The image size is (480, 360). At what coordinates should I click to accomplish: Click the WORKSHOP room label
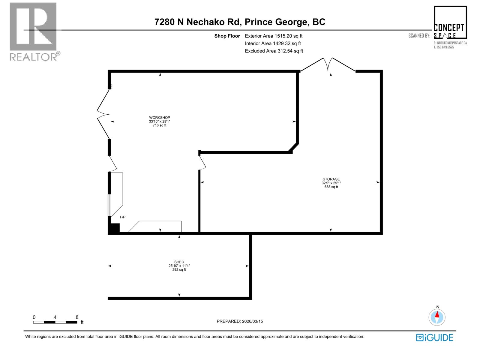(x=160, y=118)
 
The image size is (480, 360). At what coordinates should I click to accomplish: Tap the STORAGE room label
(x=331, y=179)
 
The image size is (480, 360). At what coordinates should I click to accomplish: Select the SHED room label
(x=179, y=262)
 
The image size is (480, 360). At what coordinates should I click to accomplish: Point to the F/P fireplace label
(x=122, y=217)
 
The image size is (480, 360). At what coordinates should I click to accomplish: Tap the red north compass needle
(x=437, y=315)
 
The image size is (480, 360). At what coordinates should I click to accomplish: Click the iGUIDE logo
(x=434, y=337)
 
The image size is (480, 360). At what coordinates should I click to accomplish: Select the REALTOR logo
(x=34, y=31)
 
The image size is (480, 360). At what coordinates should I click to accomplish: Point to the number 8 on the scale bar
(x=77, y=317)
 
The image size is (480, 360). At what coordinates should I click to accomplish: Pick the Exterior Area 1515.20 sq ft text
(x=274, y=36)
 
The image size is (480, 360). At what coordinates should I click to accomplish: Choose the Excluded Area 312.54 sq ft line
(x=274, y=51)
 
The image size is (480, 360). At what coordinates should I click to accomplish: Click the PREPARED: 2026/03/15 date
(x=240, y=321)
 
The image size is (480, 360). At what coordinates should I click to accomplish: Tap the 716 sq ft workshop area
(x=160, y=125)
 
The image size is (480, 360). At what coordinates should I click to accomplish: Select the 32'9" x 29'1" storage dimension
(x=331, y=183)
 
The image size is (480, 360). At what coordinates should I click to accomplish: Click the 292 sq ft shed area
(x=179, y=270)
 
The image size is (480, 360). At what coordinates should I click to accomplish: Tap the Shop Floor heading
(x=227, y=36)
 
